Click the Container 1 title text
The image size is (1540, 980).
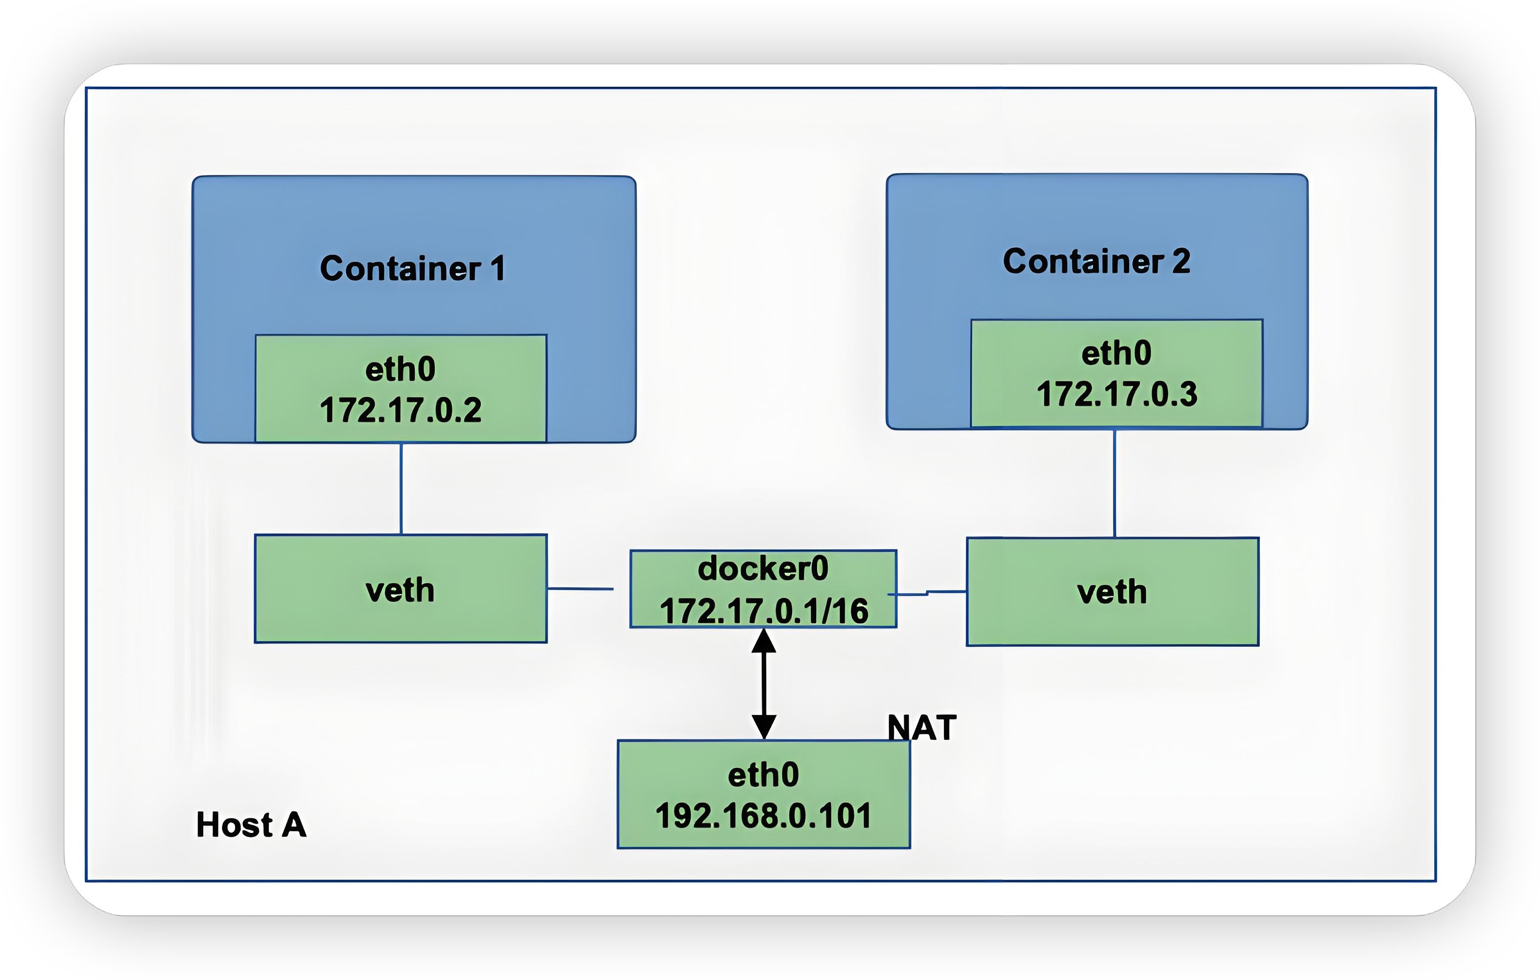click(x=412, y=268)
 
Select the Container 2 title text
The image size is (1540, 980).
click(x=1096, y=261)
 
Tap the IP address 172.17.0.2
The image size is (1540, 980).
click(x=400, y=410)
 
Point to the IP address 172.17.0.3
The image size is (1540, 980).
click(x=1117, y=394)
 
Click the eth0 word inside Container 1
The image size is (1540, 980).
click(x=400, y=369)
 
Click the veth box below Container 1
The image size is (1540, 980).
click(x=400, y=589)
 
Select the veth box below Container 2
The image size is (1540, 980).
click(x=1112, y=592)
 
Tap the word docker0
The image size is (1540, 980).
click(x=763, y=568)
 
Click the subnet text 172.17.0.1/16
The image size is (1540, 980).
click(x=764, y=610)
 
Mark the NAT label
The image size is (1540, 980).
click(x=921, y=727)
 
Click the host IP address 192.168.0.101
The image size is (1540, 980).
click(x=764, y=815)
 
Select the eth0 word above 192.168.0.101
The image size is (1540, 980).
click(x=764, y=775)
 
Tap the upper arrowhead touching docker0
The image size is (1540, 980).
click(x=764, y=641)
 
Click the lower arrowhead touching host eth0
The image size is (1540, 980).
click(x=764, y=727)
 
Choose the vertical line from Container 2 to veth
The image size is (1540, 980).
click(x=1115, y=484)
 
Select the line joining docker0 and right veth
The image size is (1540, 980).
click(x=946, y=592)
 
